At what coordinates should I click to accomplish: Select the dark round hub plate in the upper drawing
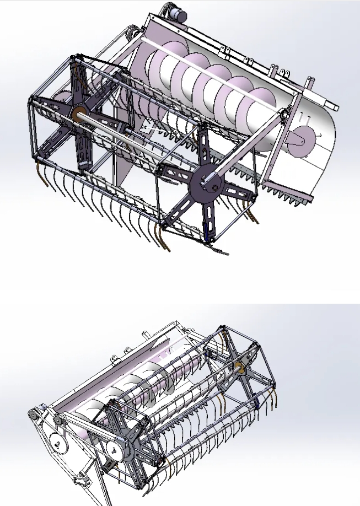205,187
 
